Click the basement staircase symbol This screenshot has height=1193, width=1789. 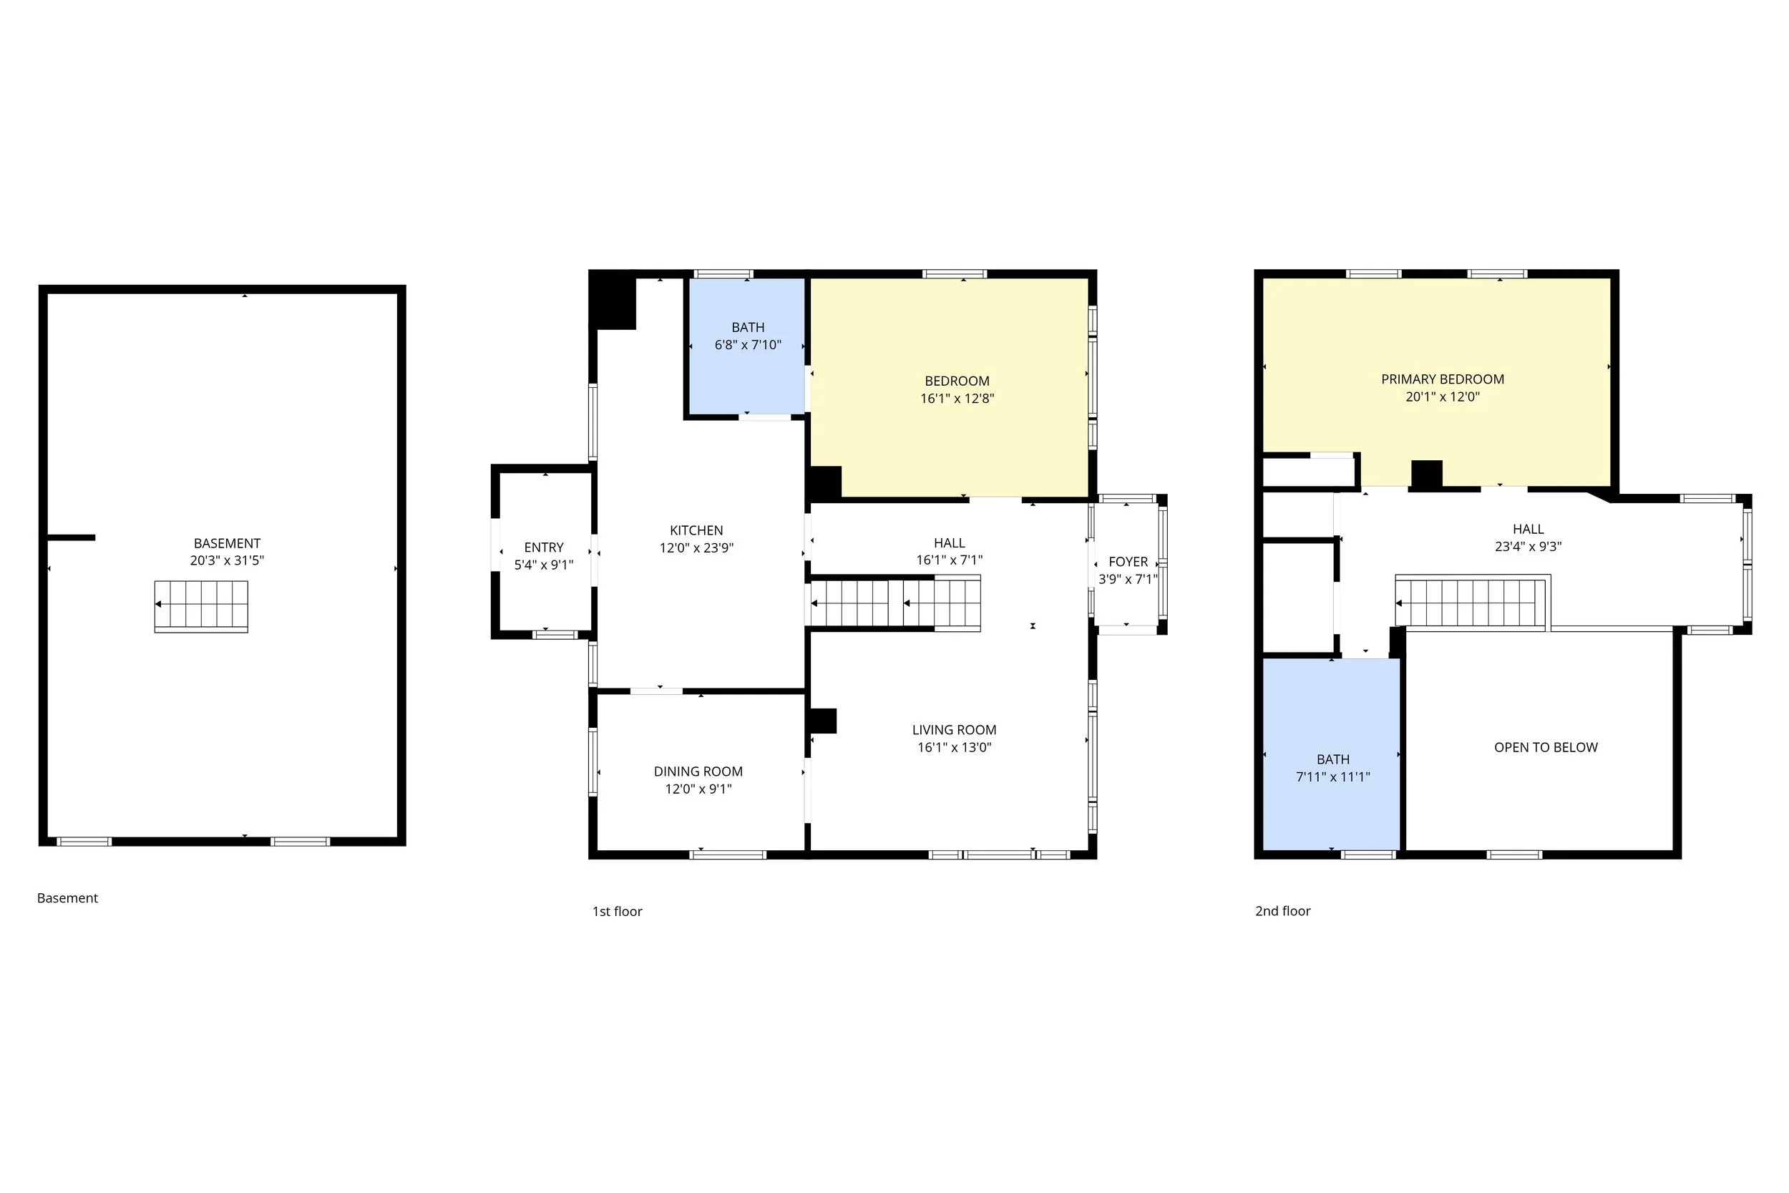point(202,606)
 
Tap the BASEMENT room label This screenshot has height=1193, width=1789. point(228,543)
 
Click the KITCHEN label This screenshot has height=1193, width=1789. point(697,530)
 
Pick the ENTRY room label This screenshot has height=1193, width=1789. point(544,547)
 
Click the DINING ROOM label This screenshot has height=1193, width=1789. point(698,771)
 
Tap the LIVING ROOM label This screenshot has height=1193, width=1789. point(955,730)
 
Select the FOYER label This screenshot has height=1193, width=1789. point(1128,562)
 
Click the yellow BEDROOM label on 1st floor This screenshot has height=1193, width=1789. point(957,381)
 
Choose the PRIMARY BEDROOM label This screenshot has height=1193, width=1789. point(1443,379)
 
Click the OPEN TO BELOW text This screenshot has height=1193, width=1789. point(1546,747)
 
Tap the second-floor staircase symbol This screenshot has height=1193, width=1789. point(1473,603)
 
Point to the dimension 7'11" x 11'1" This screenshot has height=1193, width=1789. point(1333,776)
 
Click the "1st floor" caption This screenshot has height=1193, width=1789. point(618,912)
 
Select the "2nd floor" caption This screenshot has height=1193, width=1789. point(1283,911)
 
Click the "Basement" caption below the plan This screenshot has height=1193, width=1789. point(68,898)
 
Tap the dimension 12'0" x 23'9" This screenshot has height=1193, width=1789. point(697,547)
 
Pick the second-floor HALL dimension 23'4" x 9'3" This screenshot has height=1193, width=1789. point(1528,546)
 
